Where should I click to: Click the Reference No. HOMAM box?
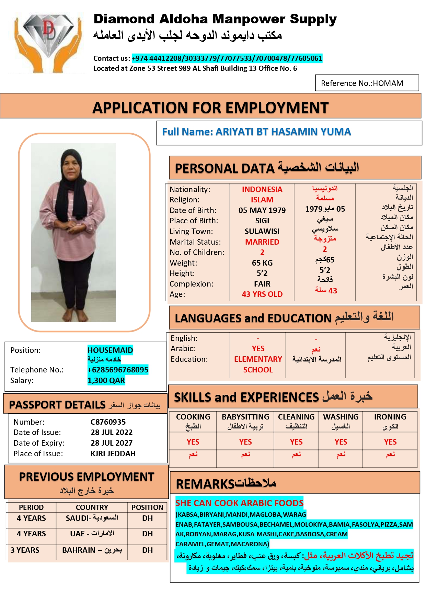[x=367, y=83]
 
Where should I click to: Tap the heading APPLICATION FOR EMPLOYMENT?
[x=210, y=108]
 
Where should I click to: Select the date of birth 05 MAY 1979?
[x=262, y=210]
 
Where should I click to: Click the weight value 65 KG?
[x=262, y=263]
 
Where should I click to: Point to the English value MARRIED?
[x=262, y=242]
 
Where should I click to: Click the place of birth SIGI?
[x=262, y=221]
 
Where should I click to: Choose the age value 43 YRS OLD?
[x=262, y=294]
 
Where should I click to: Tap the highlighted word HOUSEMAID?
[x=110, y=350]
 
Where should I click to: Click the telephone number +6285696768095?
[x=118, y=370]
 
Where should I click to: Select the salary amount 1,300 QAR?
[x=106, y=380]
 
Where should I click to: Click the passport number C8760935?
[x=108, y=422]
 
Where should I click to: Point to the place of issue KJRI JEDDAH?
[x=113, y=454]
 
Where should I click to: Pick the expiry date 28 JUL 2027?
[x=111, y=443]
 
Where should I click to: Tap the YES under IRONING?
[x=390, y=442]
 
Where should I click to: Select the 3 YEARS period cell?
[x=25, y=550]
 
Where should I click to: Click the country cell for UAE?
[x=92, y=534]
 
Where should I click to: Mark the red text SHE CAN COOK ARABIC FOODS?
[x=239, y=503]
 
